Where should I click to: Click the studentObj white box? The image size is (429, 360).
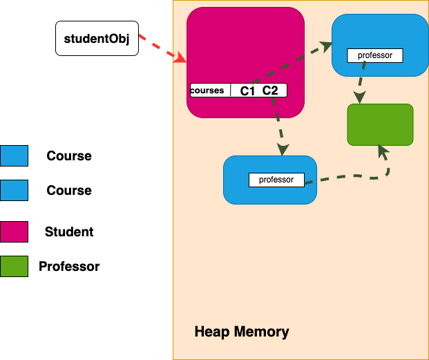(x=97, y=39)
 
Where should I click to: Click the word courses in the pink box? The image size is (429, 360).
(x=207, y=91)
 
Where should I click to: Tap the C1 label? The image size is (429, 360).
(x=247, y=91)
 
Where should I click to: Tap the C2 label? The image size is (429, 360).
(x=270, y=91)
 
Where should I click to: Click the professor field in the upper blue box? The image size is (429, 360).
(x=374, y=55)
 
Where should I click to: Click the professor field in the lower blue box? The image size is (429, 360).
(x=276, y=180)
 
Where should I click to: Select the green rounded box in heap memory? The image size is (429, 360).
(x=380, y=124)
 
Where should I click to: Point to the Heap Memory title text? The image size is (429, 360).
(x=242, y=332)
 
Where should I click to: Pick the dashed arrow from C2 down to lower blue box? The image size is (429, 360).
(x=278, y=124)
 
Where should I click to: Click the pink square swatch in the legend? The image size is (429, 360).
(x=14, y=231)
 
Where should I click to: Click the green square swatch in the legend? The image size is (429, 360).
(x=14, y=266)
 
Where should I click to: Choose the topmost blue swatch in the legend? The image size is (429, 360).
(x=14, y=155)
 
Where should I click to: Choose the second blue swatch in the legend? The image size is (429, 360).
(x=14, y=190)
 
